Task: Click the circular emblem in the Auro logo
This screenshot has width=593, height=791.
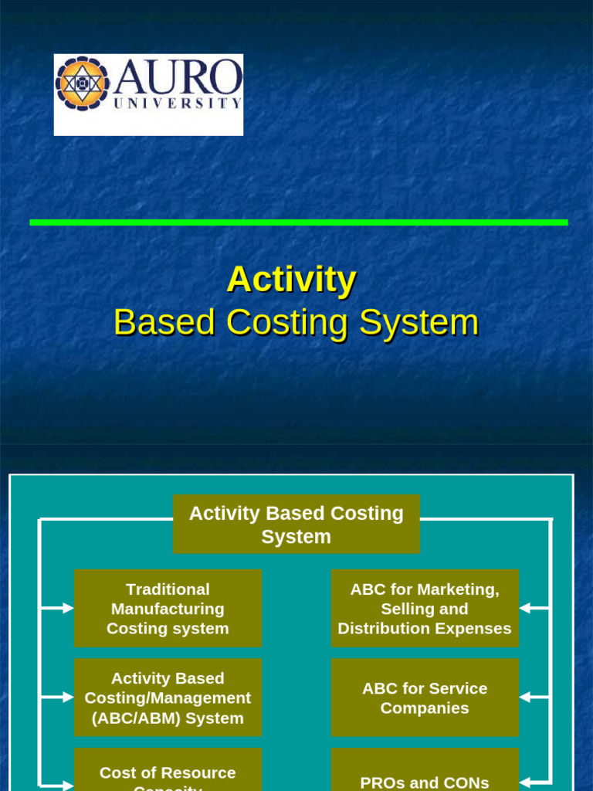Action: click(82, 83)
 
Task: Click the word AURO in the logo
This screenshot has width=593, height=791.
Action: click(178, 77)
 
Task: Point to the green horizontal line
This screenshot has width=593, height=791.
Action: click(298, 222)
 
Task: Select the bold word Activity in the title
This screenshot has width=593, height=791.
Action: click(291, 279)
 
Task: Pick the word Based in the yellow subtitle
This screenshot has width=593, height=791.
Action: click(164, 322)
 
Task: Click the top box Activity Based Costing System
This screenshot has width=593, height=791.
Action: click(296, 525)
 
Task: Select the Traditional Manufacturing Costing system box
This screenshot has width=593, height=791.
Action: click(168, 609)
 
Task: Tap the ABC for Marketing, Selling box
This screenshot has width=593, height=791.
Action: click(425, 609)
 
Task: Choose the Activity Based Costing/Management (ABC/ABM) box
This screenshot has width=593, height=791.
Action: click(168, 698)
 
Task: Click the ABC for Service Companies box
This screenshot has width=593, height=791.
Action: click(425, 698)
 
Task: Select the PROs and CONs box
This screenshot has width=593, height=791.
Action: click(425, 780)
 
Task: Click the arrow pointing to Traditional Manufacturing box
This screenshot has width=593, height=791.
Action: click(62, 609)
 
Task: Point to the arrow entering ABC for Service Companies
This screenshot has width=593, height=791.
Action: click(529, 698)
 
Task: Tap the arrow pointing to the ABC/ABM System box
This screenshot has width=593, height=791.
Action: click(62, 698)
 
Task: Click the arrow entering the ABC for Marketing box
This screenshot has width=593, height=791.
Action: click(529, 609)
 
